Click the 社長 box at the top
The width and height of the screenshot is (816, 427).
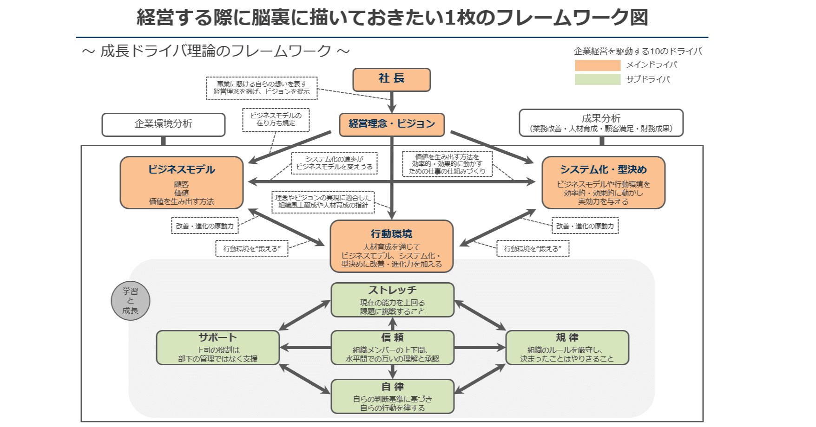click(x=391, y=79)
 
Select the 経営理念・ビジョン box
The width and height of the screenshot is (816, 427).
click(x=391, y=124)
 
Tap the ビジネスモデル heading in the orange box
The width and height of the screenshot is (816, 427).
click(x=181, y=169)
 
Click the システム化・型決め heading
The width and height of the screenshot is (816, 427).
click(x=603, y=169)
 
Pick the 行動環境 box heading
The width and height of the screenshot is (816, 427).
click(x=391, y=234)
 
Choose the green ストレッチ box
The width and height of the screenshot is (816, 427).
click(x=392, y=300)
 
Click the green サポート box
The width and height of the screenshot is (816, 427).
click(x=217, y=348)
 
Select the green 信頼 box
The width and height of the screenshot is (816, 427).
click(x=392, y=348)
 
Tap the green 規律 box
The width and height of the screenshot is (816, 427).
click(x=567, y=348)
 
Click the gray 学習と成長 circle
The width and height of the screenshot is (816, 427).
click(x=131, y=301)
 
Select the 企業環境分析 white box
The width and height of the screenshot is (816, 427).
click(x=163, y=124)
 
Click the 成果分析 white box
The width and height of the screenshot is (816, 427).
click(x=601, y=123)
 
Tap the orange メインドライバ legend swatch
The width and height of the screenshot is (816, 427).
click(x=597, y=65)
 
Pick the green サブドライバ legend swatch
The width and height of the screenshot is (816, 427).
click(x=597, y=79)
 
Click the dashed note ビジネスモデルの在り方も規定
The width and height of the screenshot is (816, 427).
click(x=276, y=120)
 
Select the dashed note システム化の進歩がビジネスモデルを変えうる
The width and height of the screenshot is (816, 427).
click(x=334, y=163)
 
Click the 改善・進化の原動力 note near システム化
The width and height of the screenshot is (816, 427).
click(x=585, y=226)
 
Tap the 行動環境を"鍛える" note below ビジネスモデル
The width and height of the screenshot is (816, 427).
click(x=251, y=248)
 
